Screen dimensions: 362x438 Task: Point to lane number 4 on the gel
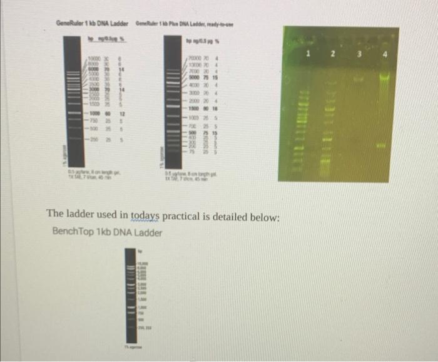(386, 54)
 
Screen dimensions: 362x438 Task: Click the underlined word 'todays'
(146, 217)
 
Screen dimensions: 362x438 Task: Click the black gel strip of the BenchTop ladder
(130, 288)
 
